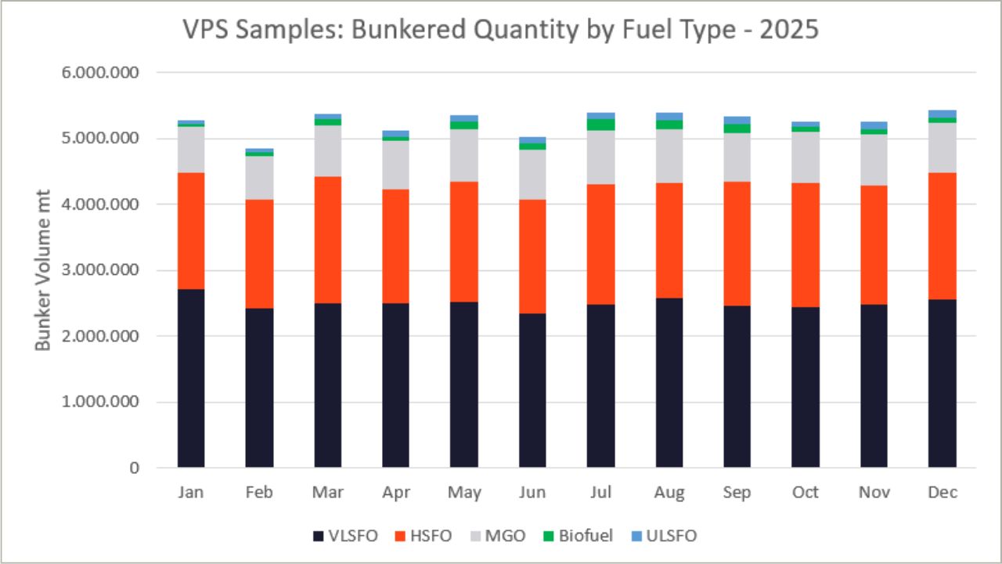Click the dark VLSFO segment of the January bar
[x=191, y=378]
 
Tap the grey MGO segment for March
[x=327, y=150]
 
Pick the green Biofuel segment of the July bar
[x=600, y=125]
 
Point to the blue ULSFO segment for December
[x=942, y=114]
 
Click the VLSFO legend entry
[x=345, y=537]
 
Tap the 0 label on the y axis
[x=135, y=468]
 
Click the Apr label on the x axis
[x=395, y=492]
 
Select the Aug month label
[x=669, y=492]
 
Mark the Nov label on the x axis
[x=873, y=492]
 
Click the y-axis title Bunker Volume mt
[x=43, y=269]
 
